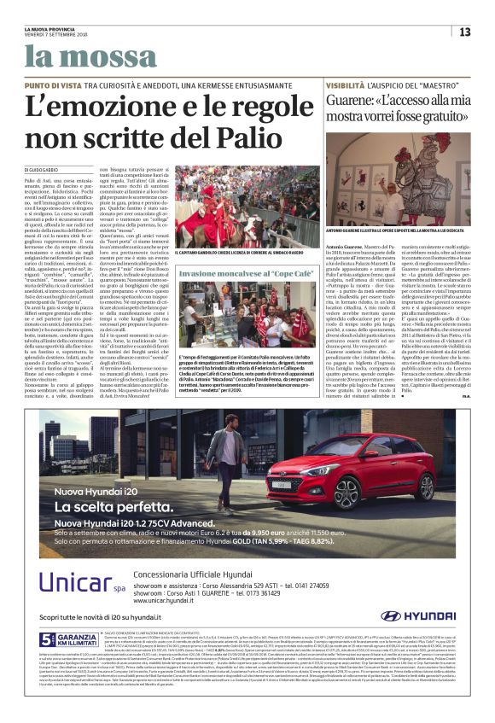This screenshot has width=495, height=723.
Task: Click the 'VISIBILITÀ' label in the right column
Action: point(344,86)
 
